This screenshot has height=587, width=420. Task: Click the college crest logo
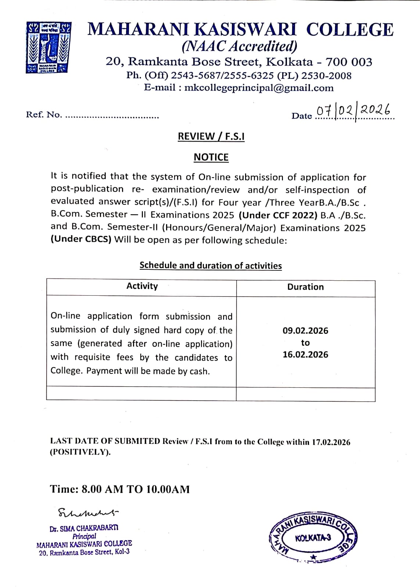pyautogui.click(x=49, y=47)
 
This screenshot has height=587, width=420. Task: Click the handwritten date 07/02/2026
pyautogui.click(x=354, y=110)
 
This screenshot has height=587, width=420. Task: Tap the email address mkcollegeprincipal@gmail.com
pyautogui.click(x=259, y=88)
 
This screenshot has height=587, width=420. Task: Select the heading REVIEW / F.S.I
pyautogui.click(x=211, y=136)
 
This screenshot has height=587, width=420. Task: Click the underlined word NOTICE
pyautogui.click(x=211, y=157)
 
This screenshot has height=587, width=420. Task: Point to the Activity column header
pyautogui.click(x=142, y=286)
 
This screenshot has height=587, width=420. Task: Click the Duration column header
pyautogui.click(x=305, y=287)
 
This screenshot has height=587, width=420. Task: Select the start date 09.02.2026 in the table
pyautogui.click(x=305, y=331)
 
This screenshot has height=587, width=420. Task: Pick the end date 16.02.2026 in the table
pyautogui.click(x=305, y=355)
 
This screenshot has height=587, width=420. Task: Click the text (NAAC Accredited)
pyautogui.click(x=239, y=46)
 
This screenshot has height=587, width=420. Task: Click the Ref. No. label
pyautogui.click(x=44, y=114)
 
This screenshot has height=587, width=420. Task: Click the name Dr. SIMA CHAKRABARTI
pyautogui.click(x=84, y=528)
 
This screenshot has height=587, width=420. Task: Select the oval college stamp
pyautogui.click(x=313, y=538)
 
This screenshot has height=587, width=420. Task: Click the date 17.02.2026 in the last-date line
pyautogui.click(x=331, y=442)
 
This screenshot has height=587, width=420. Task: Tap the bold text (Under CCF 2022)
pyautogui.click(x=278, y=215)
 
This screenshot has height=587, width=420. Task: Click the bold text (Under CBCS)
pyautogui.click(x=81, y=240)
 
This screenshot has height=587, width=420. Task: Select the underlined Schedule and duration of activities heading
pyautogui.click(x=211, y=266)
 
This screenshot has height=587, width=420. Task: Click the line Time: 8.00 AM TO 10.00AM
pyautogui.click(x=120, y=489)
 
